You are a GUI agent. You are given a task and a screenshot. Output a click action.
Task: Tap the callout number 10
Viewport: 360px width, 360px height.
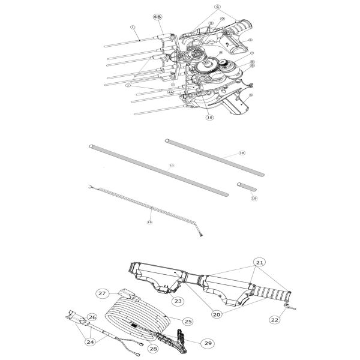coord(209,118)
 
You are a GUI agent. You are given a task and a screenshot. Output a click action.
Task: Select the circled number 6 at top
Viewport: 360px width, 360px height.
coord(201,7)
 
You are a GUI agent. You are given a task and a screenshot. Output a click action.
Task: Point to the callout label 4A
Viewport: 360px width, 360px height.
coord(171,93)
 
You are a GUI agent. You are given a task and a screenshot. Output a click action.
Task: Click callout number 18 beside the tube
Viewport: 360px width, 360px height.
coord(242,154)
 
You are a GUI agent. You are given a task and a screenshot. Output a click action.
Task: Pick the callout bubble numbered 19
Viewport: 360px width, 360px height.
coord(254,198)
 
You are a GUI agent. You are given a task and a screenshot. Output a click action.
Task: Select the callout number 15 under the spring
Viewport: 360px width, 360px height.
coord(150,222)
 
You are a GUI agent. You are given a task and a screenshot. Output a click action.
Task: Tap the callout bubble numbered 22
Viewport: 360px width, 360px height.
coord(274,320)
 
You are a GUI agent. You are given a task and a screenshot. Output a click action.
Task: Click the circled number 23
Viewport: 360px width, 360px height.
coord(178,300)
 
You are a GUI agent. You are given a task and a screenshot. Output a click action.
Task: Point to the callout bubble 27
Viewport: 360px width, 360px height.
coord(103,293)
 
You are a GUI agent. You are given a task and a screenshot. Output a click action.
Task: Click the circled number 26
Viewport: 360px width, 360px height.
coord(92,316)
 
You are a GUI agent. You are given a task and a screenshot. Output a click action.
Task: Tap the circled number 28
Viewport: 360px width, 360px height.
coord(153,348)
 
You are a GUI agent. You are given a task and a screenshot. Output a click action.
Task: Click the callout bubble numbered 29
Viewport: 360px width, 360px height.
coord(208,343)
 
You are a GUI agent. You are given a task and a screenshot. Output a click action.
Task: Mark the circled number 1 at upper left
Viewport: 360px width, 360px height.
coord(133,27)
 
